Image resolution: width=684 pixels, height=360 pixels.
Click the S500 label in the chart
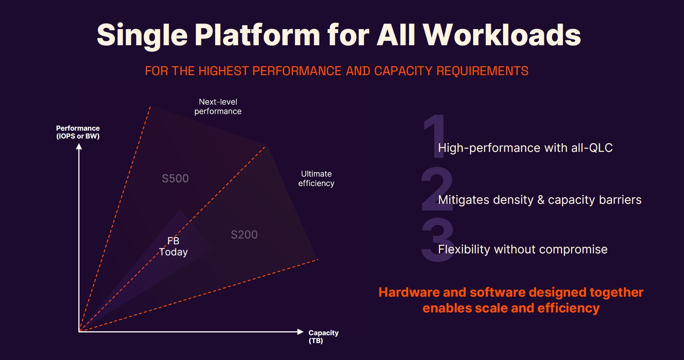(175, 179)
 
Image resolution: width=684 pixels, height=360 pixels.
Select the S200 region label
(244, 235)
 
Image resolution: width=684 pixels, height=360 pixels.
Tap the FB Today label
(173, 247)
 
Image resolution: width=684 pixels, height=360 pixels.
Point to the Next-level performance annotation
(218, 107)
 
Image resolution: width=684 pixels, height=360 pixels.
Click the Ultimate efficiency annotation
(316, 179)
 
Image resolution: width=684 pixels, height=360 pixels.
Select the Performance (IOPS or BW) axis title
(78, 132)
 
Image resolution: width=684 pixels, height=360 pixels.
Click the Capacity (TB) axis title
(323, 337)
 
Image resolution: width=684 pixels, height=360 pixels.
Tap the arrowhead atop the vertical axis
(79, 146)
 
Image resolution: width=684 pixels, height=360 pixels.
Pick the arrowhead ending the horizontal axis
(301, 332)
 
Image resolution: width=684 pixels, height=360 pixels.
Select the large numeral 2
(437, 188)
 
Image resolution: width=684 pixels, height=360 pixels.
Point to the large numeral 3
(437, 240)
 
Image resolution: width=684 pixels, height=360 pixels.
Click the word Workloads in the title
(502, 35)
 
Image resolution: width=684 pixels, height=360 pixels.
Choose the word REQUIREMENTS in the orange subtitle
(482, 71)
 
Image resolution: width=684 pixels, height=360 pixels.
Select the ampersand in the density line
(541, 200)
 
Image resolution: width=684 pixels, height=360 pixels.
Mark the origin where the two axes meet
(79, 332)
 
